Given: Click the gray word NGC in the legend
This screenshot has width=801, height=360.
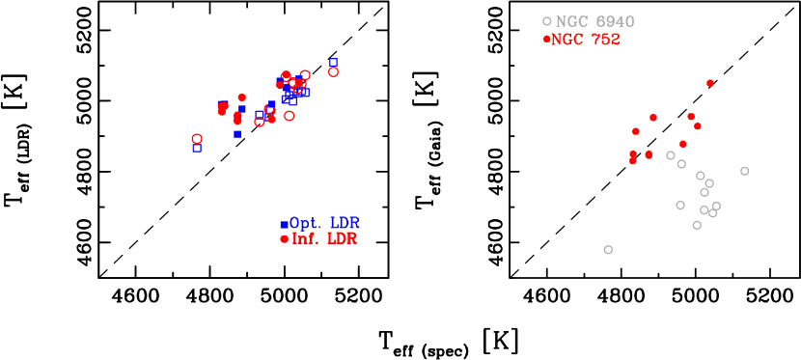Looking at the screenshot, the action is pyautogui.click(x=571, y=21).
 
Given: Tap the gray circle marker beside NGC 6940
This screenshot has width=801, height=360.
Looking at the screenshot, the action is pyautogui.click(x=547, y=21).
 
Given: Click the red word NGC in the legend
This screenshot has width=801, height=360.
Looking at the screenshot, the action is pyautogui.click(x=568, y=40).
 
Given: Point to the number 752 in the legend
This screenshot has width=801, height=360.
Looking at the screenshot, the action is pyautogui.click(x=605, y=40).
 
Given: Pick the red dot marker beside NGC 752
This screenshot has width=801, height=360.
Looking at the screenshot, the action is pyautogui.click(x=547, y=40).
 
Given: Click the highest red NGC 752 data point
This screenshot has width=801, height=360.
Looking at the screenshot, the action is pyautogui.click(x=710, y=83).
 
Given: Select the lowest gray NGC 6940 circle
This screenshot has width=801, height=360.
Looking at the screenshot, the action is pyautogui.click(x=608, y=250).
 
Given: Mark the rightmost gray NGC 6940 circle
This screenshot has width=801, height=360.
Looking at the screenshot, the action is pyautogui.click(x=744, y=171).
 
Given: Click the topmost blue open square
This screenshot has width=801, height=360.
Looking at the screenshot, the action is pyautogui.click(x=334, y=62).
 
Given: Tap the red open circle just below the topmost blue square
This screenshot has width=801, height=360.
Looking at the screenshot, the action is pyautogui.click(x=334, y=71).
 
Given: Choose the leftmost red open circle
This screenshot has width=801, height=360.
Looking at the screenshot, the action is pyautogui.click(x=197, y=139).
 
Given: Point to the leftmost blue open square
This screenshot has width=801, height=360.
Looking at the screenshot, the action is pyautogui.click(x=197, y=148).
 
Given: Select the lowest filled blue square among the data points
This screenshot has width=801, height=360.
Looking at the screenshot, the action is pyautogui.click(x=237, y=134).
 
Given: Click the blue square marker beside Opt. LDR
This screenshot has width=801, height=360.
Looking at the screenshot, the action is pyautogui.click(x=284, y=225).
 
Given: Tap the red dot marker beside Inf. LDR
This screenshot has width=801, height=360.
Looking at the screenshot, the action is pyautogui.click(x=284, y=239).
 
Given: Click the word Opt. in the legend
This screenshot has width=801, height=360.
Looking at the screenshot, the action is pyautogui.click(x=307, y=224).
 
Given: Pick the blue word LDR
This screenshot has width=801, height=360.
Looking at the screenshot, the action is pyautogui.click(x=345, y=224).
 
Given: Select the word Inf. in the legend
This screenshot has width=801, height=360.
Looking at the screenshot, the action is pyautogui.click(x=306, y=239).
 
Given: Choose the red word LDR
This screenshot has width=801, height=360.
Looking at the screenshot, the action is pyautogui.click(x=342, y=239).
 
